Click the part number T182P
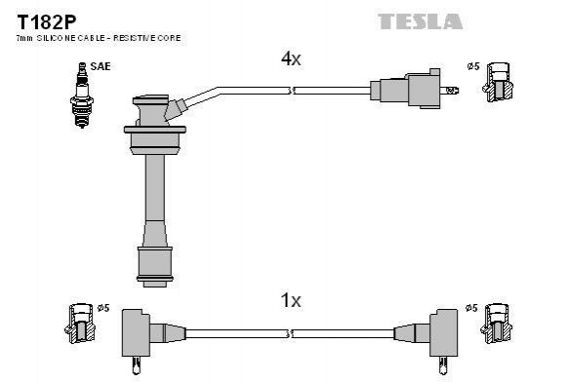coord(47,22)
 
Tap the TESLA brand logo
coord(421,21)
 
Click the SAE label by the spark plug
coord(101,66)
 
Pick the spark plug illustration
coord(82,95)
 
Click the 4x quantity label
coord(291,58)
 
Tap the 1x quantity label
coord(291,300)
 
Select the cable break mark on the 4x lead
coord(291,91)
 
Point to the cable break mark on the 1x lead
coord(290,333)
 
